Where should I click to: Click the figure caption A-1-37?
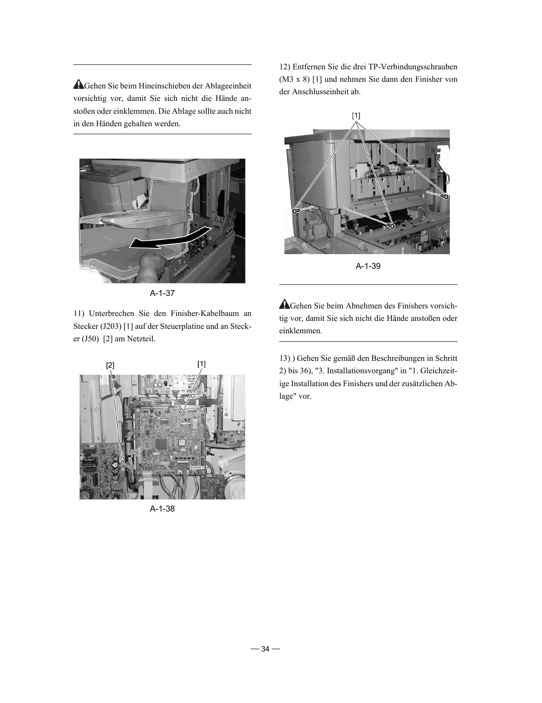pos(162,293)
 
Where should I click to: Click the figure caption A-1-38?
pos(162,509)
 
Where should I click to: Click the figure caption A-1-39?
pos(368,266)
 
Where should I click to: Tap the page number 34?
pos(265,649)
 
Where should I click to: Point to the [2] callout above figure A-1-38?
pos(110,365)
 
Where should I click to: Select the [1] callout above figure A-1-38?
pos(201,364)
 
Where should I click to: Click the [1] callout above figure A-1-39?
pos(356,116)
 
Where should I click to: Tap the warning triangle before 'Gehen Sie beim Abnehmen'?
pos(284,305)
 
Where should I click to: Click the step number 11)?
pos(79,314)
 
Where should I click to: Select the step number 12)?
pos(285,67)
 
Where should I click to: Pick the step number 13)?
pos(285,358)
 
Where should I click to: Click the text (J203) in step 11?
pos(109,326)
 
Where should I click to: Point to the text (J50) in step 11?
pos(89,339)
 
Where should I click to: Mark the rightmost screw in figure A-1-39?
pos(443,196)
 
